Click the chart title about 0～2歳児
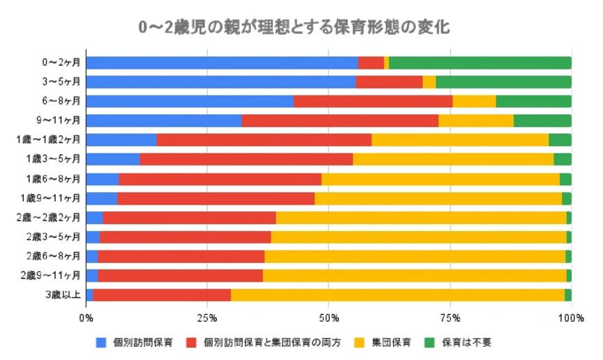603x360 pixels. (x=294, y=27)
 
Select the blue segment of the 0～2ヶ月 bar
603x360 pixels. (x=222, y=63)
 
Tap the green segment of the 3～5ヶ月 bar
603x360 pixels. (x=503, y=82)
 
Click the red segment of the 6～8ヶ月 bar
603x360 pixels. (x=373, y=101)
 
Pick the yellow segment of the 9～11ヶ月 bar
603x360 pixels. (x=475, y=120)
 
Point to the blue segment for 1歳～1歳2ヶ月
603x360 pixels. (x=121, y=139)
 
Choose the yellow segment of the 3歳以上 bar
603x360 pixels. (x=397, y=295)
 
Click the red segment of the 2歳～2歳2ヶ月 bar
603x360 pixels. (x=189, y=218)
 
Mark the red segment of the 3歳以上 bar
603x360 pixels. (x=161, y=295)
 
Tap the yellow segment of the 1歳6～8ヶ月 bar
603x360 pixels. (x=440, y=179)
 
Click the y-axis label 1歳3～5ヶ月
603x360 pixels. (x=58, y=159)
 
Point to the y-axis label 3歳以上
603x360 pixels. (x=65, y=295)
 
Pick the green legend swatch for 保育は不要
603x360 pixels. (x=429, y=343)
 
